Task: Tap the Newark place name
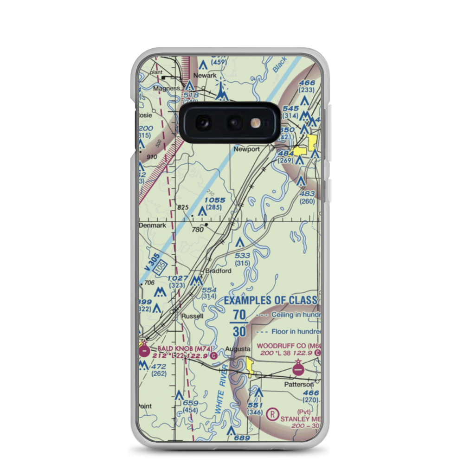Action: [x=205, y=75]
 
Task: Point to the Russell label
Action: [x=192, y=316]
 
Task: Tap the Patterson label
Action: [x=299, y=384]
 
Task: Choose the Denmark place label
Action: [x=153, y=225]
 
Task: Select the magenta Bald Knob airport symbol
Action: [x=144, y=351]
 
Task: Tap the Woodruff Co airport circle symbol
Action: [x=298, y=369]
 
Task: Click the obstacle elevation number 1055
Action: [x=215, y=200]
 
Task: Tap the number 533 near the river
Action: [x=242, y=256]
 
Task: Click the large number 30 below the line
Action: [x=239, y=332]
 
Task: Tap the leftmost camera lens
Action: [x=203, y=122]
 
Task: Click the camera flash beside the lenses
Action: [x=254, y=122]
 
